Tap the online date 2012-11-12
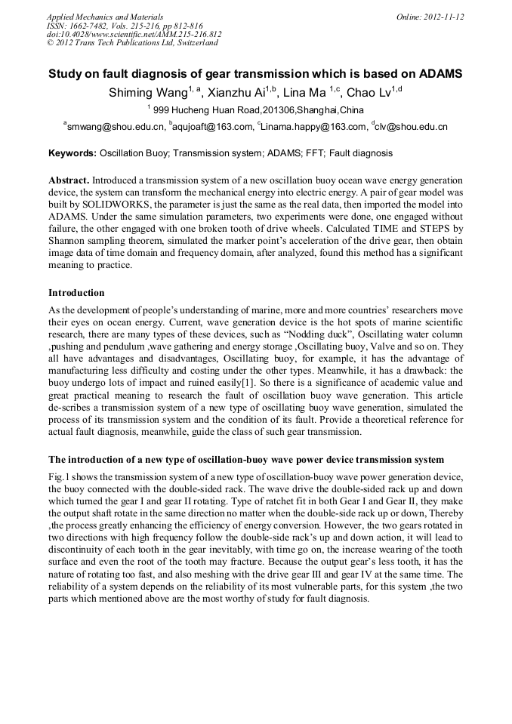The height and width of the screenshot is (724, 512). coord(443,17)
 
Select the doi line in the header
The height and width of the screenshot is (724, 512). coord(134,34)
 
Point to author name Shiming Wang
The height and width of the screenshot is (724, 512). coord(143,93)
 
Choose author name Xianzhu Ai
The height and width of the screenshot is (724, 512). coord(233,93)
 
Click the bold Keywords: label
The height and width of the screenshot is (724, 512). coord(72,153)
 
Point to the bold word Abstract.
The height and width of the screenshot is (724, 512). coord(69,182)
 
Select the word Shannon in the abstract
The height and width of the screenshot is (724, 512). coord(67,245)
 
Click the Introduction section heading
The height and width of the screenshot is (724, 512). coord(76,292)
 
